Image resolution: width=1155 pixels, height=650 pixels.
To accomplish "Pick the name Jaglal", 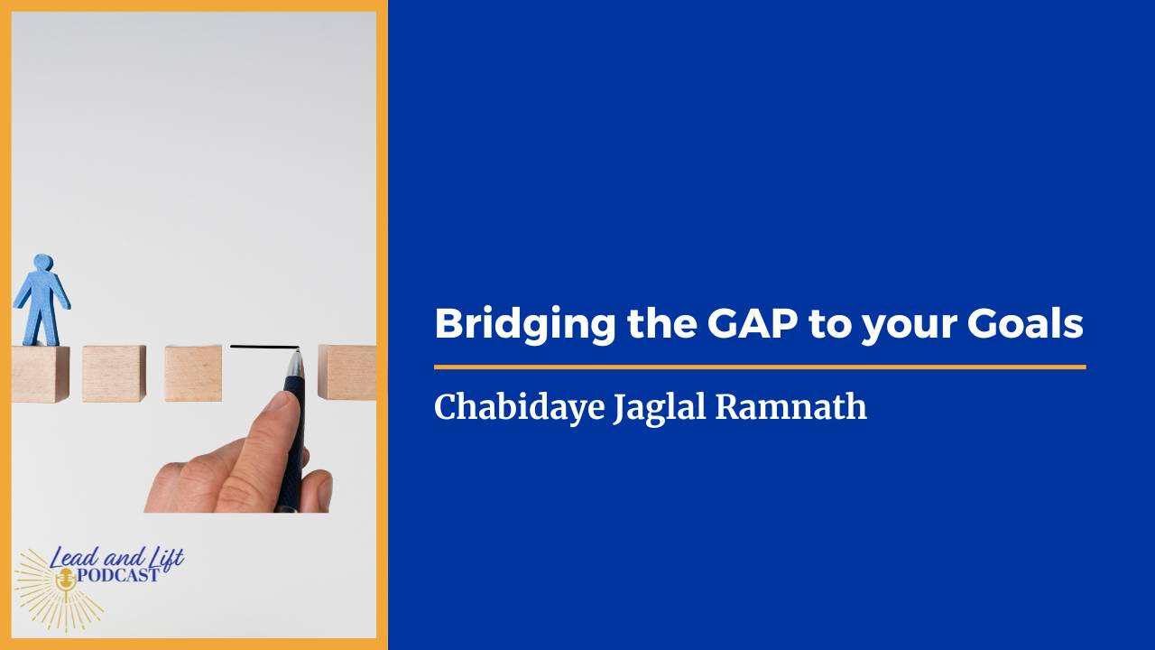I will click(661, 407).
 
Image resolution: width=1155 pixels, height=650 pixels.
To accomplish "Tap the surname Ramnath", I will click(791, 407).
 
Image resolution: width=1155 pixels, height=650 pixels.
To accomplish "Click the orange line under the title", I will click(759, 367).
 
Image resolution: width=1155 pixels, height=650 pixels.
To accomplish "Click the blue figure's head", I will click(42, 264).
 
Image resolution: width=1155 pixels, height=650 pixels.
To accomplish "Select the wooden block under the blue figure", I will click(40, 374).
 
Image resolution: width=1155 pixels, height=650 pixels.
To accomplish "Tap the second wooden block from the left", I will click(114, 374).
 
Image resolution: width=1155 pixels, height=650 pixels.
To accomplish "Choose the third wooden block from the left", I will click(193, 374).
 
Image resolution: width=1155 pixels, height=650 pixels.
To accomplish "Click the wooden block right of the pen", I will click(348, 372).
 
